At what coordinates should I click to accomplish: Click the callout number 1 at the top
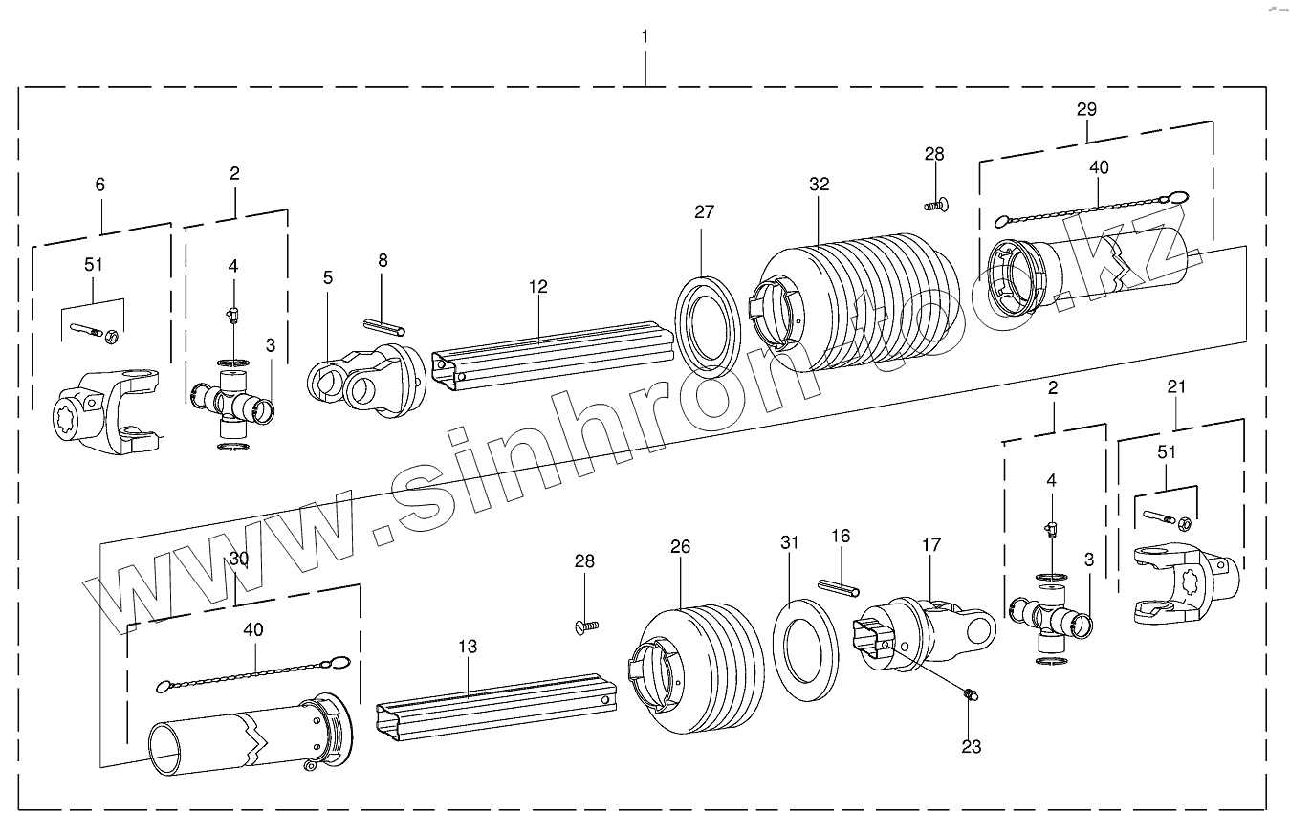[645, 36]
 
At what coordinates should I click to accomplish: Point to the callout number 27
[704, 212]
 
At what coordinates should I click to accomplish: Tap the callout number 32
[819, 185]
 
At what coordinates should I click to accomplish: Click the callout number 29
[1086, 109]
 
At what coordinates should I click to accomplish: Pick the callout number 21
[1176, 386]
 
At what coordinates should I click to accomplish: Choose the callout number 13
[467, 647]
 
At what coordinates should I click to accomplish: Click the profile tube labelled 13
[497, 708]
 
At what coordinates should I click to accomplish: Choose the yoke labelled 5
[369, 384]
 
